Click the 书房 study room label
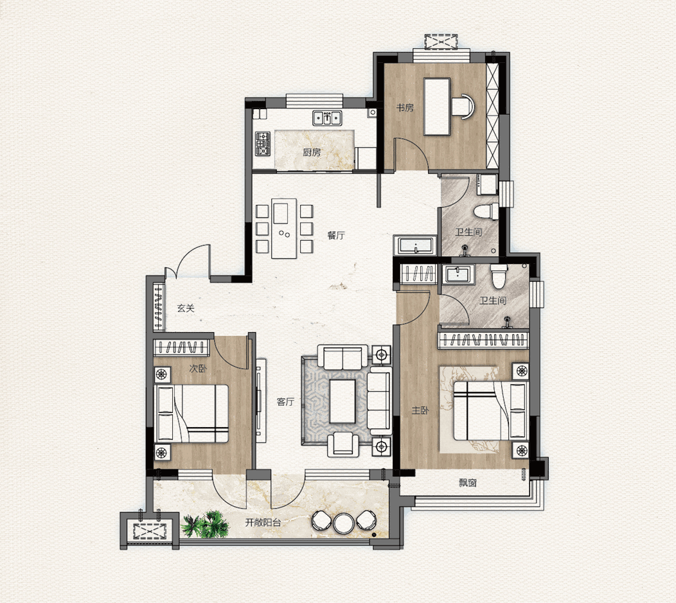(405, 108)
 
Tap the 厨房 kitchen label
(312, 152)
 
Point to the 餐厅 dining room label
(336, 235)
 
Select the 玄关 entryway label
(186, 308)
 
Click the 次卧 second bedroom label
(198, 369)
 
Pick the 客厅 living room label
(285, 401)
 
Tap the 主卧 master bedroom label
(420, 410)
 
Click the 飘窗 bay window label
(468, 483)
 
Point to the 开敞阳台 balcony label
(263, 523)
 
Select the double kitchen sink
(327, 118)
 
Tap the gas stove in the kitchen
(263, 144)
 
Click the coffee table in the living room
(342, 401)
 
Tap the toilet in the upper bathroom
(486, 212)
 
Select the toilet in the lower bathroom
(499, 277)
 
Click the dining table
(284, 228)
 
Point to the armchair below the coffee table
(343, 445)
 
